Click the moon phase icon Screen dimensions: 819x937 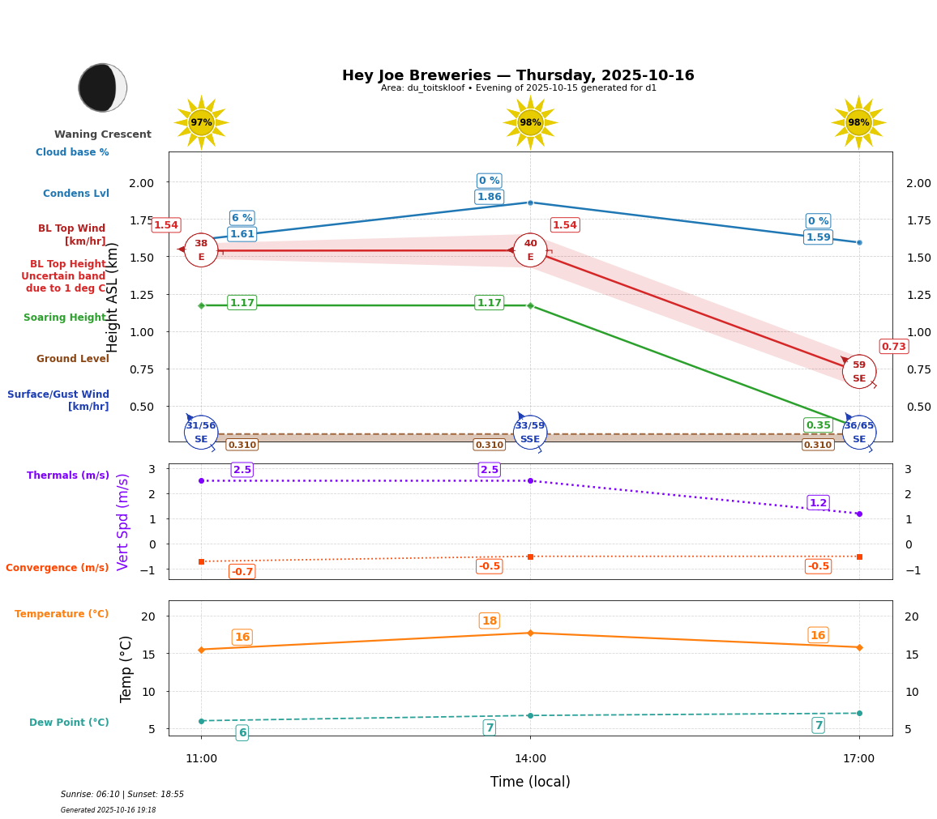[102, 87]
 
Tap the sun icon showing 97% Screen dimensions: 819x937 [201, 122]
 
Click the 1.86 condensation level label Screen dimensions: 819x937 [489, 197]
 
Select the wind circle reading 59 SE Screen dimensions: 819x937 [858, 371]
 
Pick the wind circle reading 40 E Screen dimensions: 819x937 [530, 250]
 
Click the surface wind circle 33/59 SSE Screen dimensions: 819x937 [530, 432]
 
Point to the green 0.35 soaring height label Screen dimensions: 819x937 [818, 425]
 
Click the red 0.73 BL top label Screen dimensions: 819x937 [893, 347]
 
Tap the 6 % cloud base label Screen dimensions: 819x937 [242, 218]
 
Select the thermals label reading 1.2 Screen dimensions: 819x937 [818, 503]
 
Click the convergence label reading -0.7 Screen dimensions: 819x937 [242, 572]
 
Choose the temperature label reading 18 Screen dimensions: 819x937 [489, 621]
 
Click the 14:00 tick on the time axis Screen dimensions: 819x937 [530, 759]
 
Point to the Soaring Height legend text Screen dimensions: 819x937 [65, 318]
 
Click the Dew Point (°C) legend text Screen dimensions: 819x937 [69, 723]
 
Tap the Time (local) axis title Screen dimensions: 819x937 [530, 782]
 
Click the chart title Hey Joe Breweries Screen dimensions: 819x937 [518, 75]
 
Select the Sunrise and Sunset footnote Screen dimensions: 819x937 [122, 795]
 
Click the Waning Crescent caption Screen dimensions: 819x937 [103, 134]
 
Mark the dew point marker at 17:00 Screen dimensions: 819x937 [859, 713]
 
